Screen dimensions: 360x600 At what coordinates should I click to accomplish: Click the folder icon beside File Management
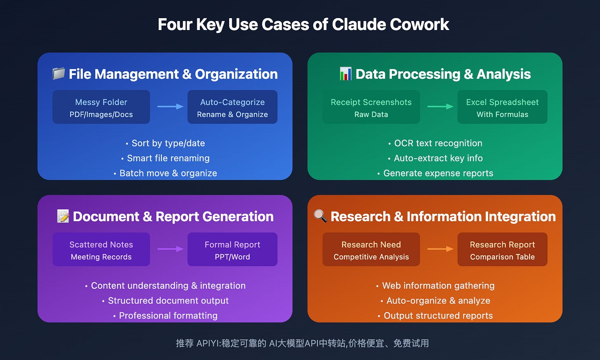(59, 74)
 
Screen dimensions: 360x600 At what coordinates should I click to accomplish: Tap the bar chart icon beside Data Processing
(345, 74)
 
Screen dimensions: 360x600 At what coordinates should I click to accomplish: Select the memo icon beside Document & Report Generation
(63, 216)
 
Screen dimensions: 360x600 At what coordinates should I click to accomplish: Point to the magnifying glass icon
(320, 215)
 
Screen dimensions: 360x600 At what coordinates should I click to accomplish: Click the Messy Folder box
(101, 107)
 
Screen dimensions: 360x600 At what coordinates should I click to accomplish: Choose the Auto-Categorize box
(232, 107)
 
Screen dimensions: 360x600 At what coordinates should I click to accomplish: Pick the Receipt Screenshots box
(371, 107)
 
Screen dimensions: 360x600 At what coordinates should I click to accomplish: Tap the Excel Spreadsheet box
(502, 107)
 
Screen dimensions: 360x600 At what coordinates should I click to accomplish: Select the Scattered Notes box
(101, 250)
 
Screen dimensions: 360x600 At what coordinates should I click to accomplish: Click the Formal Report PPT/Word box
(232, 250)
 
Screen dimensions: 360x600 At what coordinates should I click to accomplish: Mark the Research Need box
(371, 250)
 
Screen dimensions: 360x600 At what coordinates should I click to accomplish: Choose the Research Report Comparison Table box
(502, 250)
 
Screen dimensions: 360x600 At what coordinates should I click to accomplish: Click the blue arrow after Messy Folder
(170, 107)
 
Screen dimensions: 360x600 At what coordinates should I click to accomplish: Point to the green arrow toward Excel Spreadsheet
(440, 107)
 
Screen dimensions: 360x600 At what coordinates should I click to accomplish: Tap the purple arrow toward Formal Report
(170, 249)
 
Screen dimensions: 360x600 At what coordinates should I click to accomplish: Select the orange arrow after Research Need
(440, 249)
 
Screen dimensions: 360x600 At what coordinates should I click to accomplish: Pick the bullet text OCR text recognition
(438, 143)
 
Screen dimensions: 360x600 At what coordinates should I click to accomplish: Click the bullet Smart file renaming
(168, 158)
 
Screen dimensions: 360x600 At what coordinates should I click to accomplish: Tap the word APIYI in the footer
(209, 343)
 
